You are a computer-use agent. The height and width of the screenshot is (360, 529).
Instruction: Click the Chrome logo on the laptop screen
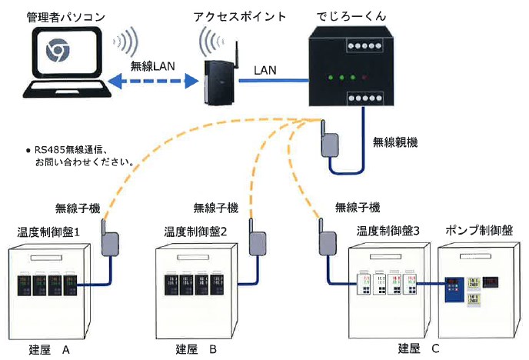55,52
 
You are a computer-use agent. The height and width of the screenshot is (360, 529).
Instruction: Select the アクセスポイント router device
218,78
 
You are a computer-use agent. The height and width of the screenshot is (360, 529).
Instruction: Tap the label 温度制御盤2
195,231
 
